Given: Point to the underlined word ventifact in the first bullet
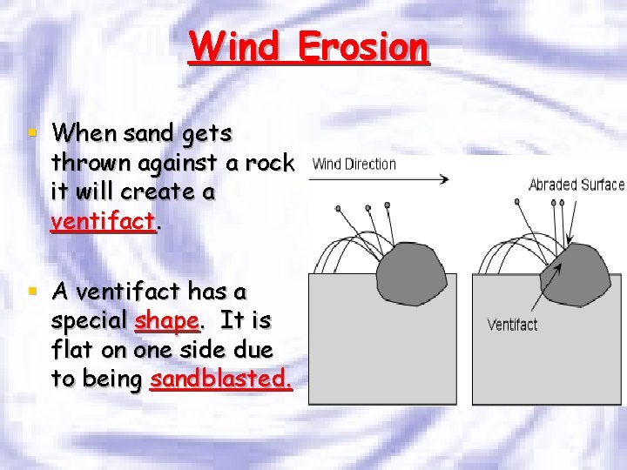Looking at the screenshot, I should pyautogui.click(x=103, y=221).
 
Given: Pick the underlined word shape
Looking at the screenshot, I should pyautogui.click(x=167, y=320).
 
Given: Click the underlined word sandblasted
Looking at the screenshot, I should pyautogui.click(x=221, y=379).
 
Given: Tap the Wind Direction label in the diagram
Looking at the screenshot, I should pyautogui.click(x=354, y=164).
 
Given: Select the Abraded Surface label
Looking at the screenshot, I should pyautogui.click(x=576, y=185).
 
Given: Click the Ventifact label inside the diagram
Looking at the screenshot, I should pyautogui.click(x=512, y=325).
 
